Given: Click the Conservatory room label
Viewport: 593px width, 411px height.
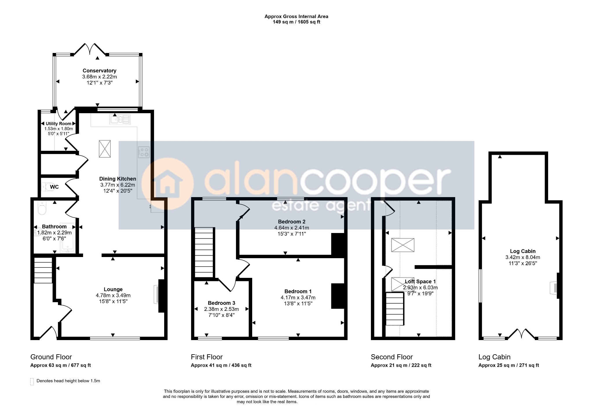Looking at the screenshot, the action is point(99,71).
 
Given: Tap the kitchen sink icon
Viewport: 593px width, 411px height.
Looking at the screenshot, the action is point(120,119).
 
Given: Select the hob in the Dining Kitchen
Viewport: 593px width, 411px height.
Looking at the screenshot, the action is point(144,152).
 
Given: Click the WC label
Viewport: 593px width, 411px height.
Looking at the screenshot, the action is point(54,187).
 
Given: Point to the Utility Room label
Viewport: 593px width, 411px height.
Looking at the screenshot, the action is point(58,124).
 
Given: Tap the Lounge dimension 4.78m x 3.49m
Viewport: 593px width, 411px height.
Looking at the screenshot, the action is point(113,296).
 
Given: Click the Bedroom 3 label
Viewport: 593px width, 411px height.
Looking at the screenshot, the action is point(222,303).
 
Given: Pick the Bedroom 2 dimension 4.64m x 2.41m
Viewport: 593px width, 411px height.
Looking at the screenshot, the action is point(292,228).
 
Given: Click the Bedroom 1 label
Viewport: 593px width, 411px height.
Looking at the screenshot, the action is point(298,291).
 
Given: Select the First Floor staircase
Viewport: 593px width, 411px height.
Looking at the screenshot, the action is point(204,252).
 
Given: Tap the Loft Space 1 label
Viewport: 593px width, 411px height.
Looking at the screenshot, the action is point(420,282).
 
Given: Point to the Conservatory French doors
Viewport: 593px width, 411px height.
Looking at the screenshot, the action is point(91,49).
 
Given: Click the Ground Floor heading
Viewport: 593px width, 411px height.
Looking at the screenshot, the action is point(51,357).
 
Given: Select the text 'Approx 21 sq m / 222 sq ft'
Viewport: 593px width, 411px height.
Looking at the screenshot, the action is point(401,365).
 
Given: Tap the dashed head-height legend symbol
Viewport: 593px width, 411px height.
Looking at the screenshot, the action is point(32,381).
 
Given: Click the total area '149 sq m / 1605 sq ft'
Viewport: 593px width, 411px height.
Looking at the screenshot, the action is point(296,22).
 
